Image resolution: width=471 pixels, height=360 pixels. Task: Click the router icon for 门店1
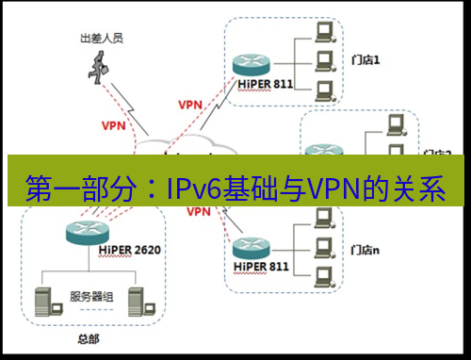250,64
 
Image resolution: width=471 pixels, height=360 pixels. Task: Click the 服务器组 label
91,296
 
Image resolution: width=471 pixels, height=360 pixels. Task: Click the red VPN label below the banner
199,212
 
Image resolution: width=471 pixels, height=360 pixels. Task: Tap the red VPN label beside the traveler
112,123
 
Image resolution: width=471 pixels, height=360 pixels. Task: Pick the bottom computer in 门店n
325,275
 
